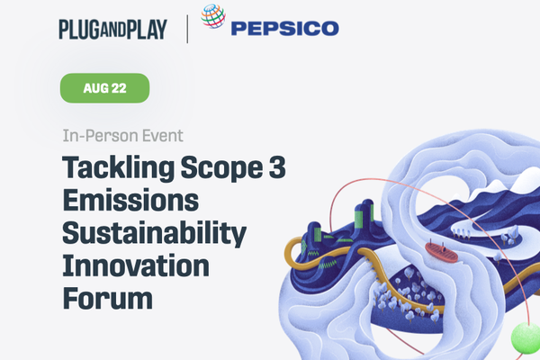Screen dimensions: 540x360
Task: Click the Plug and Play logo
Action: (x=113, y=30)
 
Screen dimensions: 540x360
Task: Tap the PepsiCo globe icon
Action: (x=213, y=16)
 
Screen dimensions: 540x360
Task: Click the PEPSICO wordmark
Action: (x=285, y=28)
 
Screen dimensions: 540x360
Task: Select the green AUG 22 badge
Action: (x=104, y=88)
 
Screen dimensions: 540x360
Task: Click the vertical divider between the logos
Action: (x=187, y=29)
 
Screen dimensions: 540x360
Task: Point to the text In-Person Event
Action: (x=122, y=136)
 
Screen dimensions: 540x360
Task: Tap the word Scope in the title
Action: (x=221, y=168)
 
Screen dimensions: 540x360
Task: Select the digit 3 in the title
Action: (x=277, y=167)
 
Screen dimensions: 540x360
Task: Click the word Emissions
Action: (x=130, y=200)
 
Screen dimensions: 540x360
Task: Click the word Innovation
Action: (x=136, y=266)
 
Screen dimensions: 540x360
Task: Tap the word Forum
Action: (x=108, y=298)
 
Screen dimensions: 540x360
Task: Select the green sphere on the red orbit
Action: (x=526, y=337)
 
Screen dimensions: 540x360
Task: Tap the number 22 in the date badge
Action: (x=119, y=88)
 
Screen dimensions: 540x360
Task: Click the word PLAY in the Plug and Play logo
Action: (x=147, y=30)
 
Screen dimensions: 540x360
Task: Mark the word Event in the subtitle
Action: (x=163, y=136)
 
